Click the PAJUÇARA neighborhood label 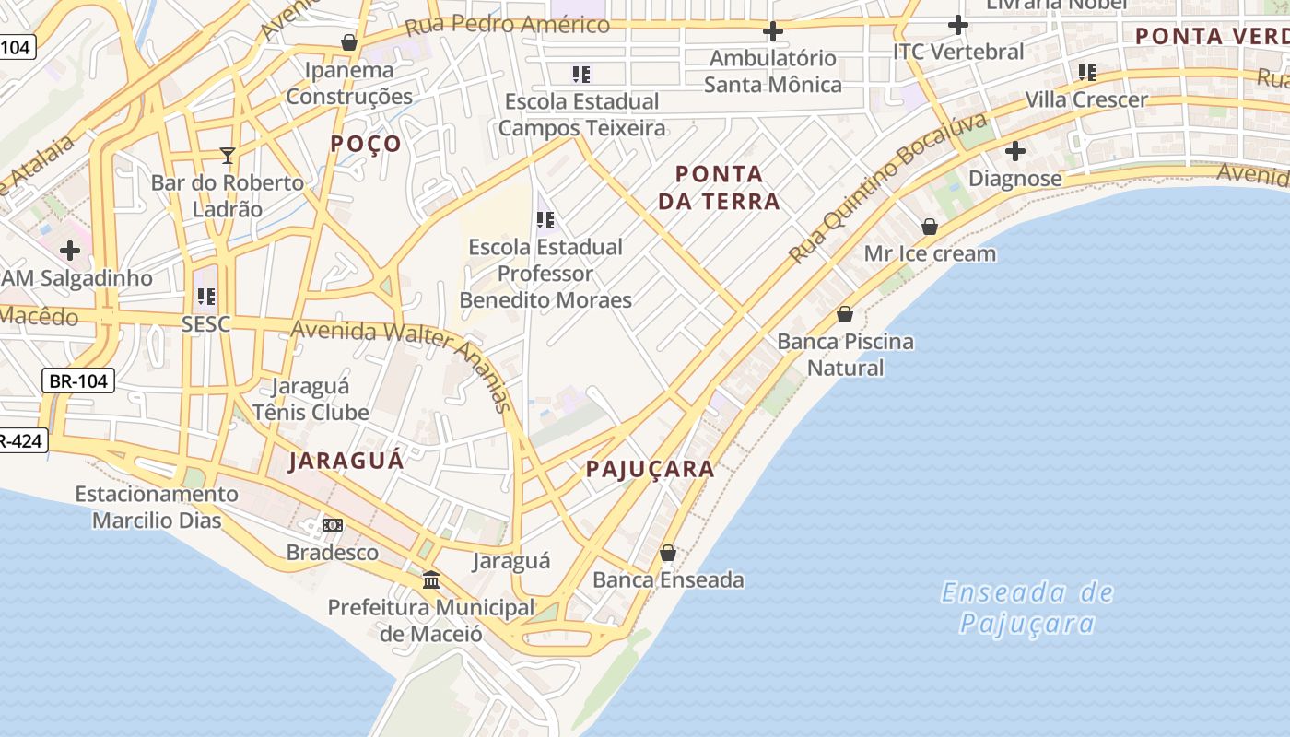click(x=651, y=469)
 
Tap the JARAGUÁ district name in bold click(x=346, y=461)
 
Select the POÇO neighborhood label click(x=366, y=144)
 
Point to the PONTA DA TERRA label click(x=719, y=187)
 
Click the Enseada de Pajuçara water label click(x=1026, y=608)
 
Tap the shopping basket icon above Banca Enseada click(x=668, y=553)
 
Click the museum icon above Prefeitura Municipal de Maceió click(x=430, y=580)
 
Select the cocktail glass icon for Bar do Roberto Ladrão click(x=228, y=155)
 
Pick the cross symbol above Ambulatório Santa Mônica click(x=772, y=32)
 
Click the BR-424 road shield click(x=20, y=441)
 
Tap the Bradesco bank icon click(x=333, y=525)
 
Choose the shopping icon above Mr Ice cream click(x=930, y=227)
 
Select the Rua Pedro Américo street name click(x=507, y=25)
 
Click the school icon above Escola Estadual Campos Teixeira click(x=580, y=74)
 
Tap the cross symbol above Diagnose click(x=1015, y=151)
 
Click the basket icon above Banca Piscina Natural click(x=845, y=314)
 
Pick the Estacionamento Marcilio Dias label click(x=157, y=507)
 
